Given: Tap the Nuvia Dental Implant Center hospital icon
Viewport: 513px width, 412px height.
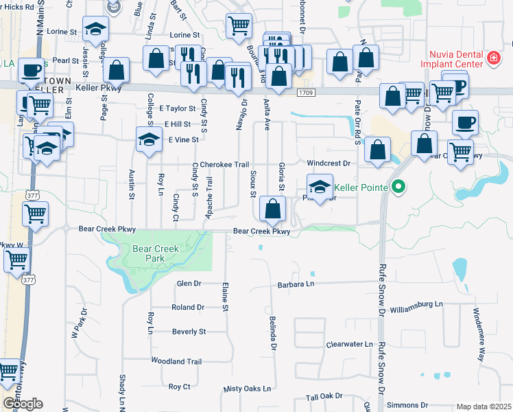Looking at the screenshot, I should pyautogui.click(x=492, y=58).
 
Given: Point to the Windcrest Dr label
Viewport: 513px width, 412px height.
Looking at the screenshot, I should pyautogui.click(x=329, y=163).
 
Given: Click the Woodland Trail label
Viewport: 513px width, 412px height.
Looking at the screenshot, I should pyautogui.click(x=176, y=361).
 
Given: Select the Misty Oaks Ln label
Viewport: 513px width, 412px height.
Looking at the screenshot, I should pyautogui.click(x=247, y=389).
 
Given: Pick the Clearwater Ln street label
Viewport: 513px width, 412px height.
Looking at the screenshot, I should pyautogui.click(x=349, y=344).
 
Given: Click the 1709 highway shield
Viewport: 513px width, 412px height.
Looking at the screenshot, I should pyautogui.click(x=306, y=91).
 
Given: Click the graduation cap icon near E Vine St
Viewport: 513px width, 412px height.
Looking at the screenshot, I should pyautogui.click(x=148, y=139).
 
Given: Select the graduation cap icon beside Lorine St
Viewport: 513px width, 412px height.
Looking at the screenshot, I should pyautogui.click(x=95, y=29).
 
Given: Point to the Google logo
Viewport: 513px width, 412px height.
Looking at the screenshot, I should pyautogui.click(x=22, y=404).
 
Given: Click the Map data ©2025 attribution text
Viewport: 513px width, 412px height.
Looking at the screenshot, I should pyautogui.click(x=483, y=407).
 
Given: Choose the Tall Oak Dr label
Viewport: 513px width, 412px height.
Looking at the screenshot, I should pyautogui.click(x=324, y=397).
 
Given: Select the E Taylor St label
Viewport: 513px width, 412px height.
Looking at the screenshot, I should pyautogui.click(x=178, y=108).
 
